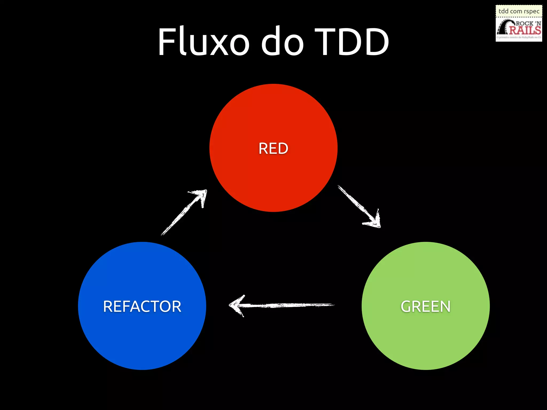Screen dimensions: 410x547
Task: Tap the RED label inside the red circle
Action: click(x=273, y=148)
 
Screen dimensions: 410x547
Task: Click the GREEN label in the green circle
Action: click(x=425, y=306)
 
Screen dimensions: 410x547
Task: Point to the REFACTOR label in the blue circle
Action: click(x=142, y=306)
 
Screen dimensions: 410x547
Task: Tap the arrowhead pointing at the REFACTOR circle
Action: click(x=236, y=305)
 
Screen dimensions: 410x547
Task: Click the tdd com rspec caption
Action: click(x=519, y=11)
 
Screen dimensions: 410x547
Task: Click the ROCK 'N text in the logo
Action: click(x=528, y=23)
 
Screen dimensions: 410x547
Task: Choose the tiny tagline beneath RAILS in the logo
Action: click(x=519, y=37)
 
